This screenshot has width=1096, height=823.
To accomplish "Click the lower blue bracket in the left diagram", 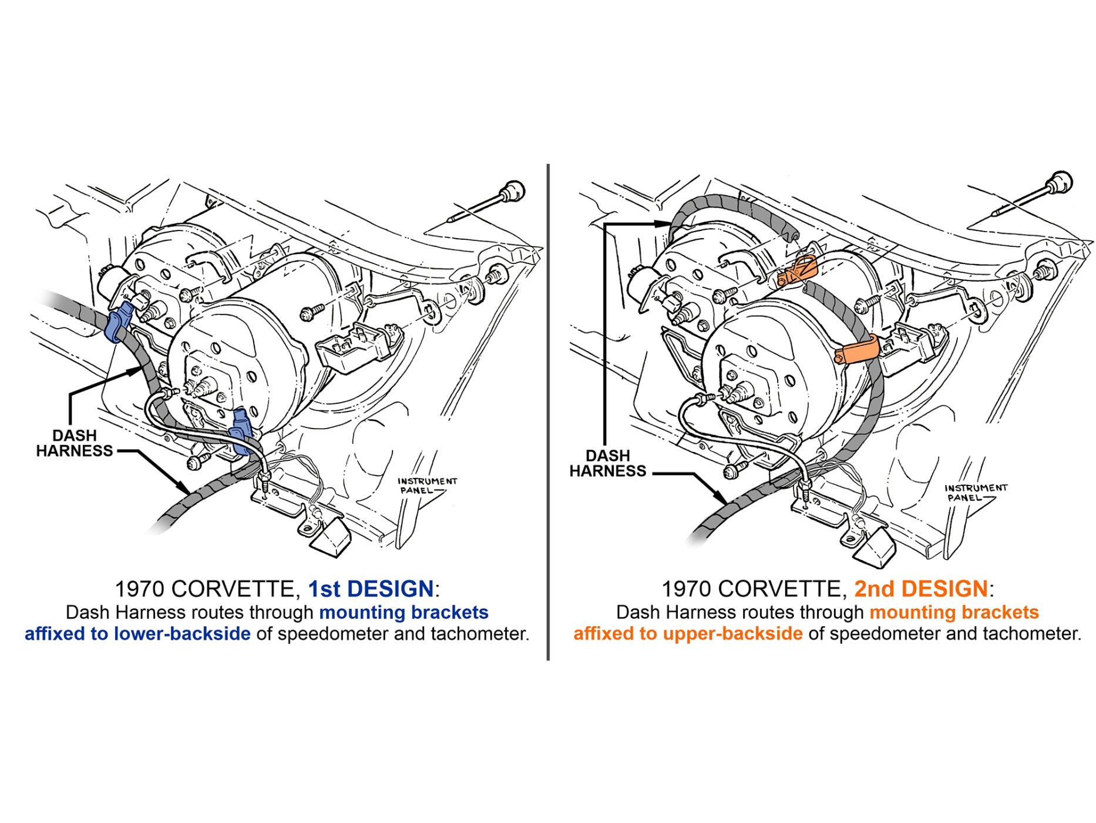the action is tap(241, 432).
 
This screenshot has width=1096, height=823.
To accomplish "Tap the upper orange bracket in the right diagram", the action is tap(798, 271).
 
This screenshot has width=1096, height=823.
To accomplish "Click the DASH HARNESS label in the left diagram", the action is tap(74, 443).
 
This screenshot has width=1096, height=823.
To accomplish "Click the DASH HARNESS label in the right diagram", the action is tap(607, 463).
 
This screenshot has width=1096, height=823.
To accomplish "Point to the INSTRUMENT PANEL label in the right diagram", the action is tap(976, 493).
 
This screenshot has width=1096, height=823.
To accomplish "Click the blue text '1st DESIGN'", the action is tap(371, 588).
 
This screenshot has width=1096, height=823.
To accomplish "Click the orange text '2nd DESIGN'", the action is tap(921, 588).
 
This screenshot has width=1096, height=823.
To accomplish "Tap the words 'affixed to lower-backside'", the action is tap(137, 634).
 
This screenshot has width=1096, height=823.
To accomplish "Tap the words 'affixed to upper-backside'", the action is tap(688, 634).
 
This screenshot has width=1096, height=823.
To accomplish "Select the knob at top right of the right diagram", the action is tap(1060, 182).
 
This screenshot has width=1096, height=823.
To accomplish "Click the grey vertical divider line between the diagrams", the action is tap(548, 412).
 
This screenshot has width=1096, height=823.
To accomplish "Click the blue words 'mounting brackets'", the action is tap(404, 613).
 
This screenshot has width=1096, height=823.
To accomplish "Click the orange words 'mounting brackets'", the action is tap(954, 613).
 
